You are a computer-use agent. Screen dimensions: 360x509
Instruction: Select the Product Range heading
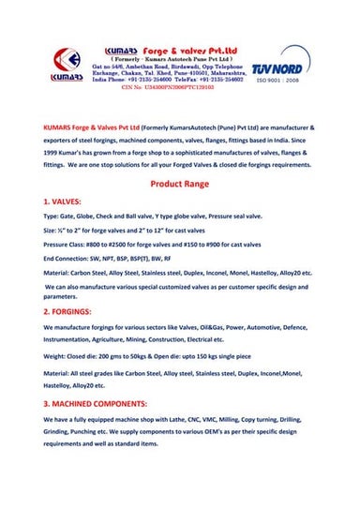point(178,186)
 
